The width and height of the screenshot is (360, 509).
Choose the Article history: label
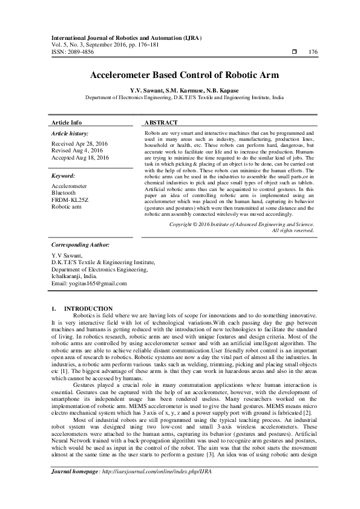click(x=70, y=132)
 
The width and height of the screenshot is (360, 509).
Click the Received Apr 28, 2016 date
click(x=80, y=144)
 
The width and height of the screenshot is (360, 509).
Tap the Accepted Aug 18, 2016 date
click(x=80, y=158)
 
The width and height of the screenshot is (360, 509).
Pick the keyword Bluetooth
click(x=66, y=193)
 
